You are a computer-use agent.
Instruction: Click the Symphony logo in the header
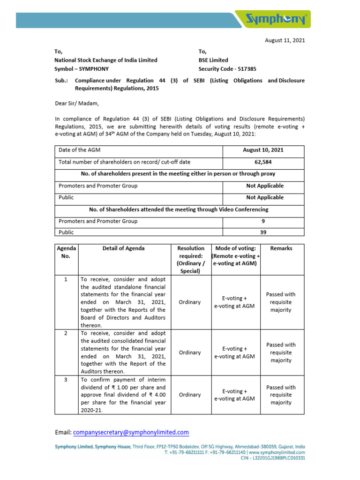[277, 20]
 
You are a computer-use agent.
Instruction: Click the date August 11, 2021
[285, 40]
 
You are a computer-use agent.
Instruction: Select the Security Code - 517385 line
[227, 68]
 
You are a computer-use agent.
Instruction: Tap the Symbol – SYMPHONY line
[82, 68]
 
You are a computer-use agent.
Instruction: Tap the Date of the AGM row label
[80, 150]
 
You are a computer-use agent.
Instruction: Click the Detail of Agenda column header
[124, 248]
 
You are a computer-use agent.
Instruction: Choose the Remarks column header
[281, 248]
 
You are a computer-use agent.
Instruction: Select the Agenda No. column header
[66, 252]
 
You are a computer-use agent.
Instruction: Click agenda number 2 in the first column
[66, 333]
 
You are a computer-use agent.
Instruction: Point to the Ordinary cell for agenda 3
[190, 395]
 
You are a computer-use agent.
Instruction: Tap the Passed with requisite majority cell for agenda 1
[281, 302]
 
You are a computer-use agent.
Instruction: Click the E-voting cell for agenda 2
[234, 352]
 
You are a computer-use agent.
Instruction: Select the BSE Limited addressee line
[213, 60]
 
